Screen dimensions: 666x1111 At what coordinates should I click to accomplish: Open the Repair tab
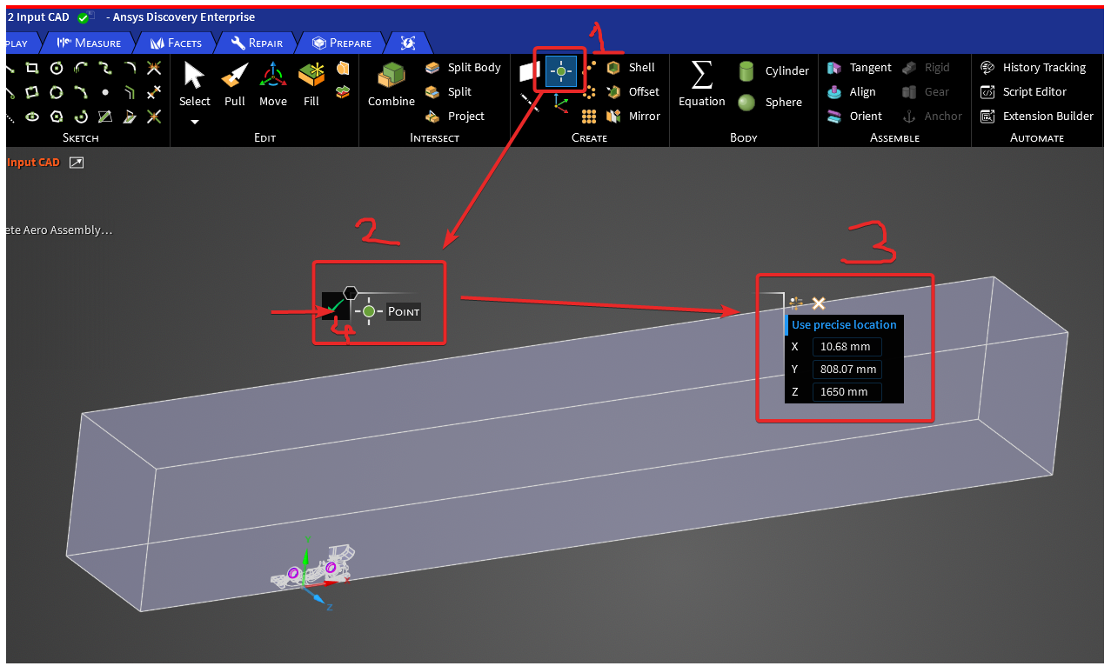click(258, 43)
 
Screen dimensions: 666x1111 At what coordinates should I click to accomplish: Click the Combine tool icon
click(392, 76)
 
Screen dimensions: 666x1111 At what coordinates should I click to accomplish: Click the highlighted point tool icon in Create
click(561, 71)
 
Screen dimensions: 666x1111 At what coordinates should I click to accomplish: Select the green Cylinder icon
click(746, 71)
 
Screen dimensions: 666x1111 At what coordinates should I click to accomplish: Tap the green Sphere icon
click(746, 103)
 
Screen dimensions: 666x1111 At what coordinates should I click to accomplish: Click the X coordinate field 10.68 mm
click(847, 347)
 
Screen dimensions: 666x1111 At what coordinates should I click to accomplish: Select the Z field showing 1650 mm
click(847, 392)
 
